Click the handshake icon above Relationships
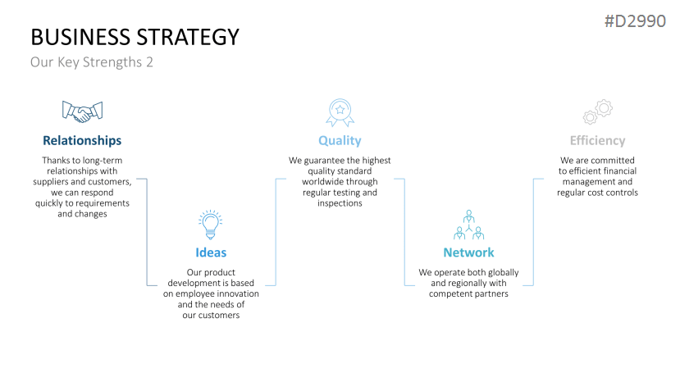tap(82, 111)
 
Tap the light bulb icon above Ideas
tap(210, 225)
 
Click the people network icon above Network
tap(469, 225)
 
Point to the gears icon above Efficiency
tap(598, 111)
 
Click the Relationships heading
tap(82, 140)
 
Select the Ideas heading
tap(211, 252)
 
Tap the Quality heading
tap(340, 140)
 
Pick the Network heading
tap(469, 252)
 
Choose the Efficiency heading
tap(598, 140)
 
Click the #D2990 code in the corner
tap(636, 20)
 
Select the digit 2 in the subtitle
tap(149, 62)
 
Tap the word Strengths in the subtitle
tap(112, 62)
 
